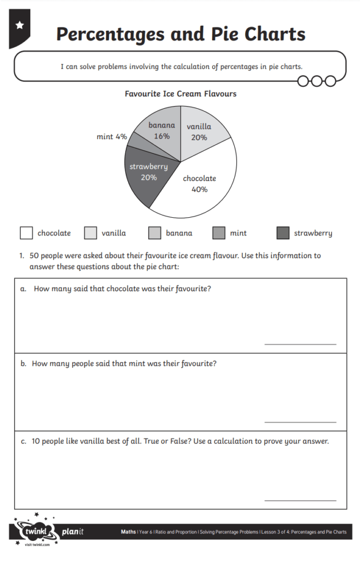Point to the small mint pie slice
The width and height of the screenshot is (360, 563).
tap(137, 142)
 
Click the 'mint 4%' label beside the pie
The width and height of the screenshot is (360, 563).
tap(112, 136)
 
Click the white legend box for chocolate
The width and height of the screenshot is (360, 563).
tap(26, 233)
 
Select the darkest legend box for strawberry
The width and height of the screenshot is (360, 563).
tap(283, 233)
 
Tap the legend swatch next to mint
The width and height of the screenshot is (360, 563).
tap(219, 233)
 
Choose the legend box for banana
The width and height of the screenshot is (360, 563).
tap(154, 233)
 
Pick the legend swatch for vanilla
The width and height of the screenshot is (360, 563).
tap(91, 233)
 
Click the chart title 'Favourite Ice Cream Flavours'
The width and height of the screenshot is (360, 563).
tap(180, 94)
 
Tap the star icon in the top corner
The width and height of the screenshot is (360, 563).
tap(20, 25)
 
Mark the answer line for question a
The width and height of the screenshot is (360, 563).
tap(300, 344)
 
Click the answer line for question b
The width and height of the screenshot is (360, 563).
tap(300, 422)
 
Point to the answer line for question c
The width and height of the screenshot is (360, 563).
tap(300, 500)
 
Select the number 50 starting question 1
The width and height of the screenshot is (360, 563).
tap(35, 256)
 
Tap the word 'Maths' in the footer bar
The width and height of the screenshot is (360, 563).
tap(129, 532)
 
